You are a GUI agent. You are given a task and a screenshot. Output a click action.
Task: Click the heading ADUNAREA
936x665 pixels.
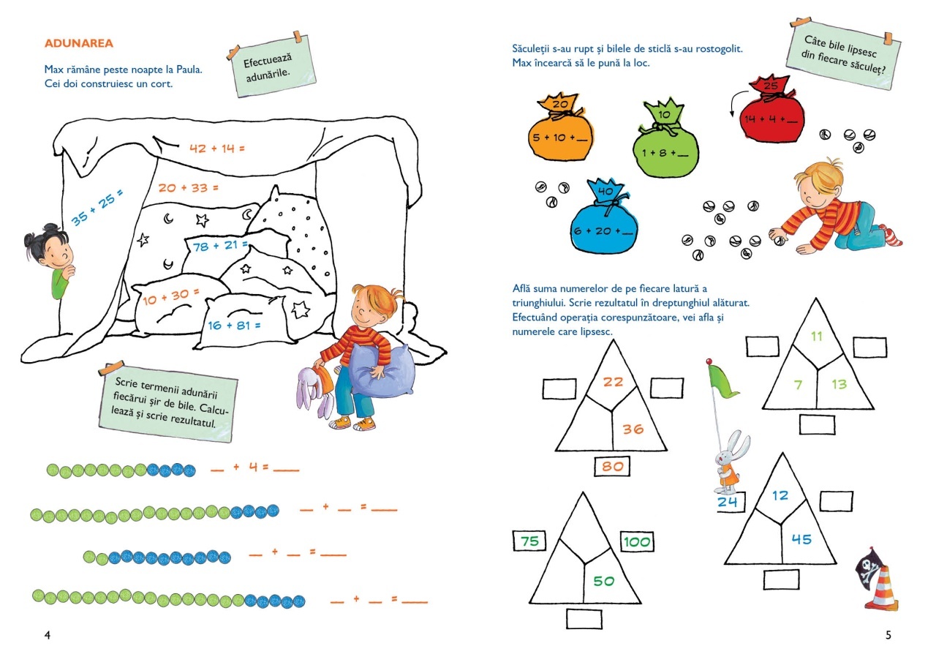pyautogui.click(x=78, y=43)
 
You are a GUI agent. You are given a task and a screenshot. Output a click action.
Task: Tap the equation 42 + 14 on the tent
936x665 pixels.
pyautogui.click(x=217, y=149)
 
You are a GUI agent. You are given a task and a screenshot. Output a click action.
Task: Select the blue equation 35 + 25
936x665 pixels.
pyautogui.click(x=97, y=207)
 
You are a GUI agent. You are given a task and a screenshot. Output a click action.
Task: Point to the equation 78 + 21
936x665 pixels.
pyautogui.click(x=220, y=246)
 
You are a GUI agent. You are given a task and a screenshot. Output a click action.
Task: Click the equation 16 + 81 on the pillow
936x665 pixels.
pyautogui.click(x=234, y=326)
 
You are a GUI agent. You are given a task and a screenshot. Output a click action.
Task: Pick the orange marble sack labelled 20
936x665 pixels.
pyautogui.click(x=560, y=127)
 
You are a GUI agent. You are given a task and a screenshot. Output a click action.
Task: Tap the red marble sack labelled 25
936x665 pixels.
pyautogui.click(x=771, y=110)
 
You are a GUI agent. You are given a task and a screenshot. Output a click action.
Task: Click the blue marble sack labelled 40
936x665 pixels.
pyautogui.click(x=604, y=217)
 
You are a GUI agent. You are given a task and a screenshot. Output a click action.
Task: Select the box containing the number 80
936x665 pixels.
pyautogui.click(x=612, y=467)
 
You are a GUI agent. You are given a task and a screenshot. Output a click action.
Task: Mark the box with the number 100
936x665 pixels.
pyautogui.click(x=637, y=541)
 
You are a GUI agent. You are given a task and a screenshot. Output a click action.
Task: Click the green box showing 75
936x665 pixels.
pyautogui.click(x=529, y=541)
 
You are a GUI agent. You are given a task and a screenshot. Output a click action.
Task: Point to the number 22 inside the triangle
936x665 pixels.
pyautogui.click(x=613, y=382)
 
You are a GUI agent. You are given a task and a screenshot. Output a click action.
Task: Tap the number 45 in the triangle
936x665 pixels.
pyautogui.click(x=801, y=539)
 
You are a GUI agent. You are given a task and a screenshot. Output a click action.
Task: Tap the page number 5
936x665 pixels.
pyautogui.click(x=888, y=635)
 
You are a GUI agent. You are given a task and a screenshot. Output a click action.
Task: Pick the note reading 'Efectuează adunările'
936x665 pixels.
pyautogui.click(x=271, y=65)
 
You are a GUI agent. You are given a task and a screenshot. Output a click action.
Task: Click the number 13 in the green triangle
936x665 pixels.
pyautogui.click(x=839, y=384)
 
